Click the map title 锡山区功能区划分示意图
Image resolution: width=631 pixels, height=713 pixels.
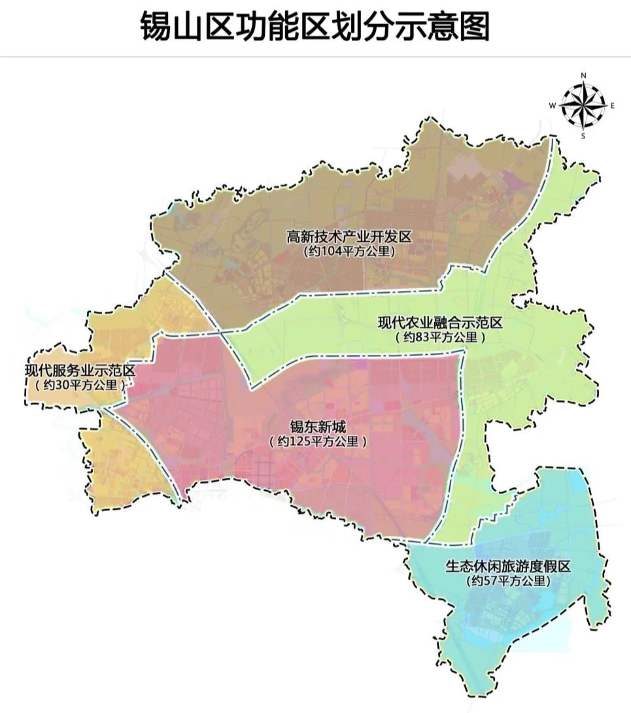[315, 27]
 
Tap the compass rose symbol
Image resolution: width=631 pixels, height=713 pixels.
[583, 105]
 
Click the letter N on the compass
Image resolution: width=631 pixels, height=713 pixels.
[583, 76]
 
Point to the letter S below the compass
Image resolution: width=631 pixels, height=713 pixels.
[583, 135]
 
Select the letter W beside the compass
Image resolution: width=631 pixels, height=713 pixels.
[553, 105]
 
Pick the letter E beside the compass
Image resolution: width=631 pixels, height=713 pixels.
[613, 105]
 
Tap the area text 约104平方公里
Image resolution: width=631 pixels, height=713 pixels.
[349, 251]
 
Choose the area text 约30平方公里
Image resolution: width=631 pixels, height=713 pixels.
[80, 386]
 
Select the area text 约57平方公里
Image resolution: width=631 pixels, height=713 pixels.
[508, 580]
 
